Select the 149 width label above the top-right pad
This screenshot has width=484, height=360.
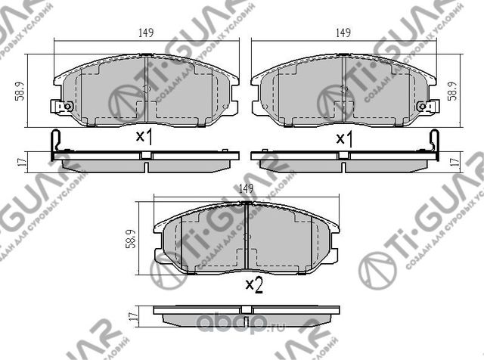pyautogui.click(x=343, y=32)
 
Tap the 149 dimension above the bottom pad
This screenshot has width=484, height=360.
pyautogui.click(x=245, y=189)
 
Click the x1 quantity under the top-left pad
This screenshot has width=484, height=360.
pyautogui.click(x=144, y=138)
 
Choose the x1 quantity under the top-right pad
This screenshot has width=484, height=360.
pyautogui.click(x=344, y=138)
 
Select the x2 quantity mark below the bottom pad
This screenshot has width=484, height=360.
pyautogui.click(x=253, y=285)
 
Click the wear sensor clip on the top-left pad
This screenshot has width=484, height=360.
pyautogui.click(x=60, y=107)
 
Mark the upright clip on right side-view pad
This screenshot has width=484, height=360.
pyautogui.click(x=435, y=144)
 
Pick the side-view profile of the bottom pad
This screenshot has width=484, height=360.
pyautogui.click(x=246, y=312)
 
